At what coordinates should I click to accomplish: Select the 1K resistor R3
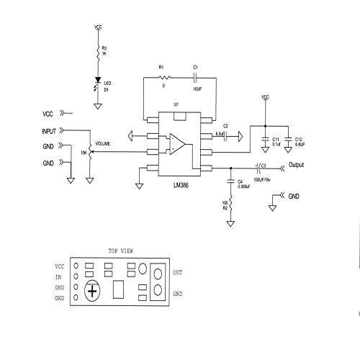click(x=98, y=51)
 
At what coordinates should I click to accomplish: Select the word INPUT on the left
click(x=49, y=131)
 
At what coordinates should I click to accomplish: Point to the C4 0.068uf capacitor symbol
click(x=230, y=180)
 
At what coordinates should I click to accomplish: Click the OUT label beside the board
click(x=178, y=271)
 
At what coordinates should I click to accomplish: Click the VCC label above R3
click(x=98, y=27)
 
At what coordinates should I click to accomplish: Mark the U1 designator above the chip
click(x=176, y=104)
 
